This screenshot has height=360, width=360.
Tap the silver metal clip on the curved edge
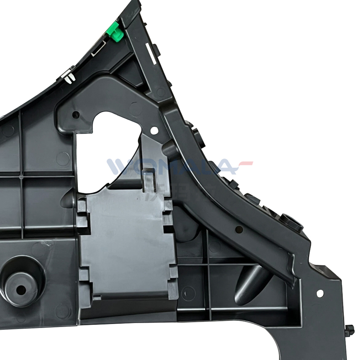point(69,76)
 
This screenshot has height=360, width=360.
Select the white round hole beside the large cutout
point(154,131)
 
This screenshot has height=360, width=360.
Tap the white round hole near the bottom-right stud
point(320,293)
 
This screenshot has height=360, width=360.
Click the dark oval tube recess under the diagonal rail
point(250,283)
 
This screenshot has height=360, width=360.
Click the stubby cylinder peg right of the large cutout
point(168,149)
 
